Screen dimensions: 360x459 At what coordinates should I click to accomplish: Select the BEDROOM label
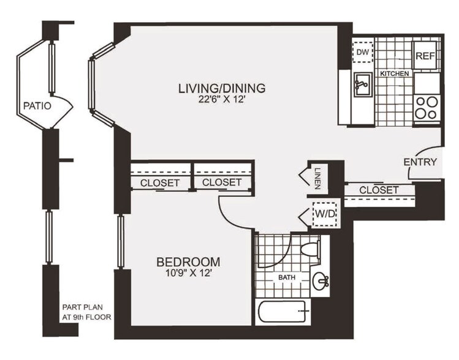pos(188,262)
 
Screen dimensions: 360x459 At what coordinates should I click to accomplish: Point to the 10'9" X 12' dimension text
pos(188,274)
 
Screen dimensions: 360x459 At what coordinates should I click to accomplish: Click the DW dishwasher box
pos(362,53)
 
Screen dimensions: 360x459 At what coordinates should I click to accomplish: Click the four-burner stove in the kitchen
pos(427,108)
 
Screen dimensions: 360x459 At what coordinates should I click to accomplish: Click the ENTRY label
pos(420,162)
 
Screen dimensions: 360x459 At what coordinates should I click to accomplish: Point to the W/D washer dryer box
pos(325,214)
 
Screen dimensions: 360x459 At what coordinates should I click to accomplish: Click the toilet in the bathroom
pos(311,250)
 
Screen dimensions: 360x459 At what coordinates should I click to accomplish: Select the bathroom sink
pos(320,281)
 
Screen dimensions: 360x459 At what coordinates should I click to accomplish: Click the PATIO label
pos(37,105)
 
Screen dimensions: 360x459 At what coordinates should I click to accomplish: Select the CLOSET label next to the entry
pos(379,190)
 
